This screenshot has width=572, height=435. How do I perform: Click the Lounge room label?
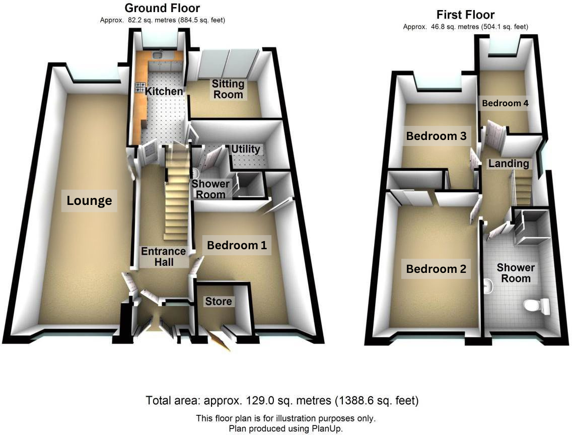pyautogui.click(x=89, y=201)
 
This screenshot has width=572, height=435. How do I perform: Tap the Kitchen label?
pyautogui.click(x=164, y=91)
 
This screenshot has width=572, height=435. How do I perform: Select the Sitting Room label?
pyautogui.click(x=228, y=89)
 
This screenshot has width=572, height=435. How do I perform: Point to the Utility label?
pyautogui.click(x=246, y=149)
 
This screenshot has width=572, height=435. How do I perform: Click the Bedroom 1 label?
pyautogui.click(x=237, y=246)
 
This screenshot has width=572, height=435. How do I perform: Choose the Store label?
pyautogui.click(x=219, y=301)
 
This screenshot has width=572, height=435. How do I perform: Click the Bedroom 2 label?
pyautogui.click(x=437, y=269)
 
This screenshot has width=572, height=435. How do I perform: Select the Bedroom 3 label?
pyautogui.click(x=437, y=136)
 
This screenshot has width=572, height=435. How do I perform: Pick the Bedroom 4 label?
pyautogui.click(x=505, y=103)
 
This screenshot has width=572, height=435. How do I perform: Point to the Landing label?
pyautogui.click(x=509, y=163)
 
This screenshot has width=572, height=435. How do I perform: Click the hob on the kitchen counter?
pyautogui.click(x=139, y=87)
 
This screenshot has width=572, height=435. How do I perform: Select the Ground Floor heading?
pyautogui.click(x=162, y=8)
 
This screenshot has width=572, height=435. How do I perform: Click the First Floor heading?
pyautogui.click(x=465, y=15)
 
